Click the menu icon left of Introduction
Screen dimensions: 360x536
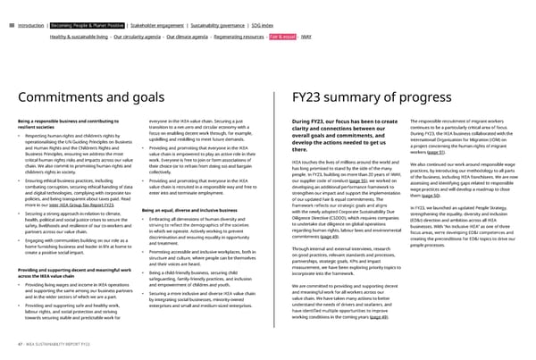coord(9,13)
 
